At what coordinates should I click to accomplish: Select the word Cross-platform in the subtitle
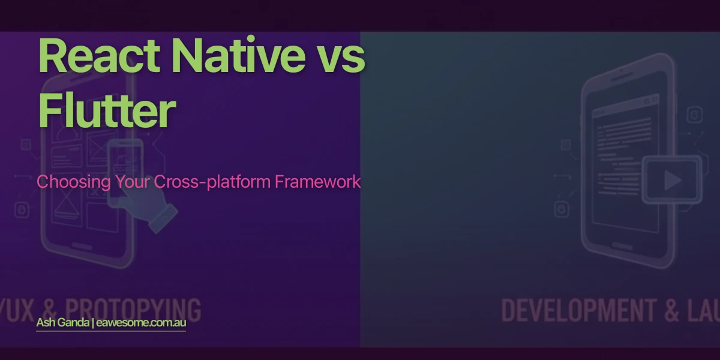pos(213,182)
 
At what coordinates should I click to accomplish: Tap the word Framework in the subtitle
pos(318,182)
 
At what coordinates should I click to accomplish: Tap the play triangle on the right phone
pos(672,180)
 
